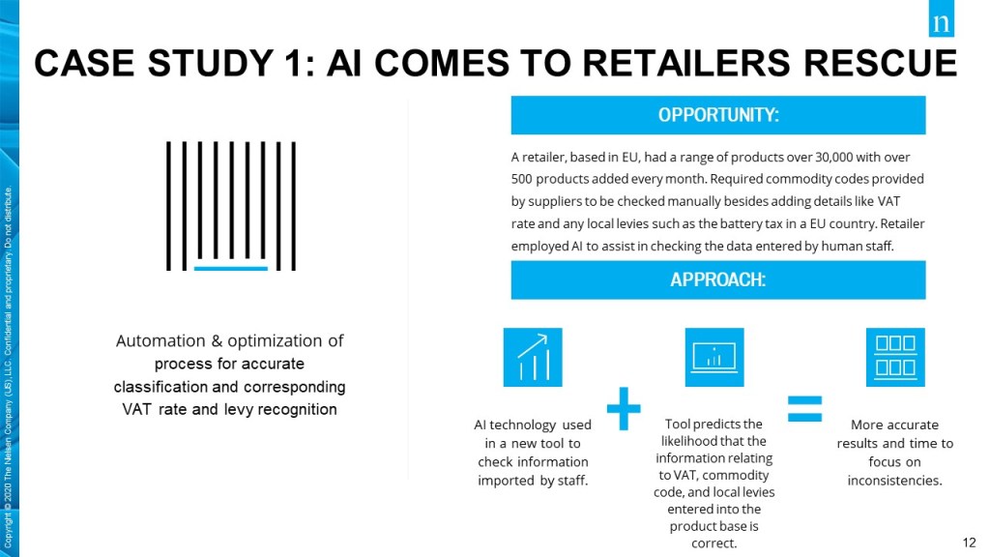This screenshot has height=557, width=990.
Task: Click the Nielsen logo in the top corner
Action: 941,19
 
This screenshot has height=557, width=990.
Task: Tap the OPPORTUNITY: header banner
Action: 718,115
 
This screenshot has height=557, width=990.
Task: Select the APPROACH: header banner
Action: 718,279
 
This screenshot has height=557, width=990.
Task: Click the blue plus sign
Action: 624,409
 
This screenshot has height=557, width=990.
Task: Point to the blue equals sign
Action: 805,409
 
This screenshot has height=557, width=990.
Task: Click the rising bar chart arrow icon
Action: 533,357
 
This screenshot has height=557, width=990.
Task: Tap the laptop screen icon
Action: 714,357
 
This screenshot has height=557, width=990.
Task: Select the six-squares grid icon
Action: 895,357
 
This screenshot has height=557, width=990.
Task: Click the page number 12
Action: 969,542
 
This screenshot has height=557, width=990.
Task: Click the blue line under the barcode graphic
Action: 231,269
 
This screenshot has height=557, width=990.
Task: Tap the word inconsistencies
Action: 894,481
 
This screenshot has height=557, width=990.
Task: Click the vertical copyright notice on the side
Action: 8,366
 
